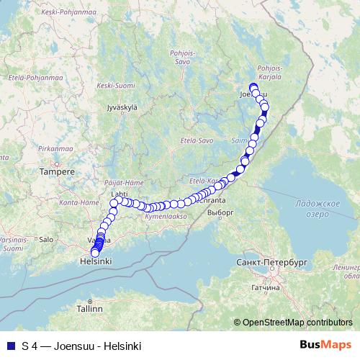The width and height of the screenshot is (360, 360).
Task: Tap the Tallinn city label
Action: point(91,308)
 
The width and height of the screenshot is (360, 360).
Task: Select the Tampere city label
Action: point(57,172)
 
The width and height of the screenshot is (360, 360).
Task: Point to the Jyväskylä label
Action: point(121,108)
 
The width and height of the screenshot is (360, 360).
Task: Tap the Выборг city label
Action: point(220,213)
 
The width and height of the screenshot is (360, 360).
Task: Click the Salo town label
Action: point(46,239)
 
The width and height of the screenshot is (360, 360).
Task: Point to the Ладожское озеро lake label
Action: point(317,209)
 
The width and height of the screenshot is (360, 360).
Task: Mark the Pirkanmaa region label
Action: point(53,147)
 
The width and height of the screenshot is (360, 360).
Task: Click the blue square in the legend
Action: point(9,346)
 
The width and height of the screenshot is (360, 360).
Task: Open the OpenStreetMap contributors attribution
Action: point(297,323)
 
